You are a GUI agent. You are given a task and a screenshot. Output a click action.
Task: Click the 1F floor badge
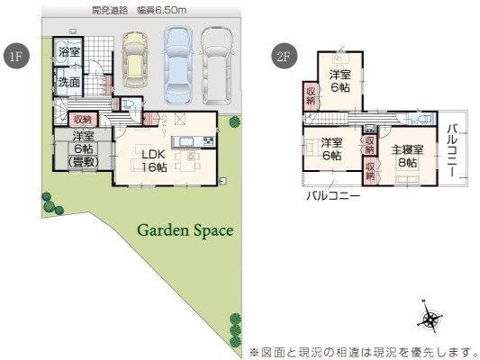(x=16, y=56)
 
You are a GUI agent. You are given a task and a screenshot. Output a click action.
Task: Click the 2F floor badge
(x=285, y=56)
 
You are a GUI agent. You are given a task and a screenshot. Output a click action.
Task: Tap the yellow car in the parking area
(x=135, y=59)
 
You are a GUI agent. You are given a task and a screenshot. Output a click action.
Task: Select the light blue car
(x=178, y=65)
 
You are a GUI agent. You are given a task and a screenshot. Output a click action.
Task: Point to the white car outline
(x=217, y=66)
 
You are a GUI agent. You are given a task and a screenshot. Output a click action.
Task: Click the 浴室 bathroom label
(x=69, y=51)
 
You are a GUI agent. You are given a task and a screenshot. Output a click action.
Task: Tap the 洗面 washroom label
(x=69, y=82)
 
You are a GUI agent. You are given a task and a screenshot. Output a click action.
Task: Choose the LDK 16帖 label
(x=154, y=160)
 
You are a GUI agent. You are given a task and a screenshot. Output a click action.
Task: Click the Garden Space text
(x=186, y=230)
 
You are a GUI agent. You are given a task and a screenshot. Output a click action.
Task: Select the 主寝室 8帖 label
(x=408, y=156)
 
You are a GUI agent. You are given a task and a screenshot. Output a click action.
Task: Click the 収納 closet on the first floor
(x=83, y=120)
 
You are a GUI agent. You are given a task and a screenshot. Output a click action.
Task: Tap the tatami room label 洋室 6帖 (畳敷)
(x=83, y=149)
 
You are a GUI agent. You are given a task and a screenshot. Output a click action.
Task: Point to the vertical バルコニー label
(x=452, y=150)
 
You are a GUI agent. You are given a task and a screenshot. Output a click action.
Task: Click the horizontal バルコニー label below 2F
(x=333, y=195)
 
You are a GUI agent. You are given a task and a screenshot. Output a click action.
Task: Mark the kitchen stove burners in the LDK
(x=210, y=141)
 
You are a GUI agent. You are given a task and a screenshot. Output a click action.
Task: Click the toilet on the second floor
(x=425, y=119)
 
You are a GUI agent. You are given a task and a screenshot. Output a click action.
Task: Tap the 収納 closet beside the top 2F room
(x=311, y=95)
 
